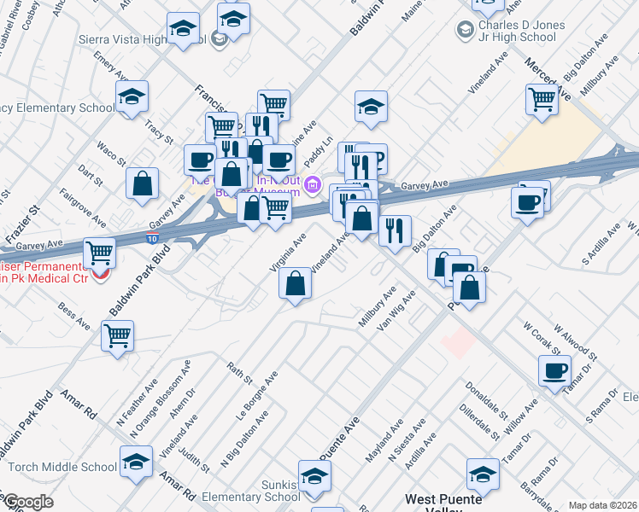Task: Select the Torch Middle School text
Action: point(63,467)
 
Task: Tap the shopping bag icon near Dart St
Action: point(143,183)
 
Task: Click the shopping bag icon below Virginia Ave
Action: point(295,284)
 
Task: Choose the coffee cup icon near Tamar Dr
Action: point(554,370)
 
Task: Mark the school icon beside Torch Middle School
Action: point(136,462)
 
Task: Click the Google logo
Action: point(29,502)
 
